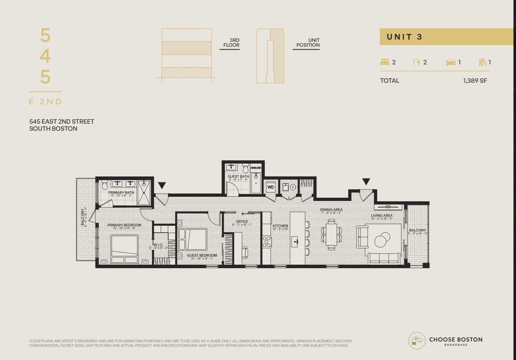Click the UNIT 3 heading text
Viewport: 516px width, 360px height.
[x=404, y=37]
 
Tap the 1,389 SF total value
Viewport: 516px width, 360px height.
[x=475, y=81]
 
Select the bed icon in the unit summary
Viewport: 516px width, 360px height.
[x=385, y=62]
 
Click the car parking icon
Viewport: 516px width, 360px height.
[x=451, y=62]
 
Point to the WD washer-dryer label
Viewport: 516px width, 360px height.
[x=271, y=187]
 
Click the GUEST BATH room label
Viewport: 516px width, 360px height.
[x=238, y=176]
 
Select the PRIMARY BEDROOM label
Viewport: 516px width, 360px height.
[x=124, y=225]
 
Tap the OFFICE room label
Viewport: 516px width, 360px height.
[x=242, y=222]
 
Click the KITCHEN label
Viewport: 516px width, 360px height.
[x=280, y=226]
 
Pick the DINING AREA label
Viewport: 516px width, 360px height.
[x=331, y=210]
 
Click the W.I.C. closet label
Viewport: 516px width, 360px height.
[x=158, y=245]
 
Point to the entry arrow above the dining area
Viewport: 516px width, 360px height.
[x=366, y=182]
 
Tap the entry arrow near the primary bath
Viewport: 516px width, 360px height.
[x=162, y=185]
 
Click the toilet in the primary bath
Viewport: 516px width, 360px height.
[x=104, y=185]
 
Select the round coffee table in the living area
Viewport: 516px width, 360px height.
[x=381, y=240]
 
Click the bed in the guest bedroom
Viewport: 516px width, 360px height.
[x=192, y=239]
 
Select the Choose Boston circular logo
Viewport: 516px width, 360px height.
[x=417, y=341]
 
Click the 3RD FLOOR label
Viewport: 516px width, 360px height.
[x=231, y=43]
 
